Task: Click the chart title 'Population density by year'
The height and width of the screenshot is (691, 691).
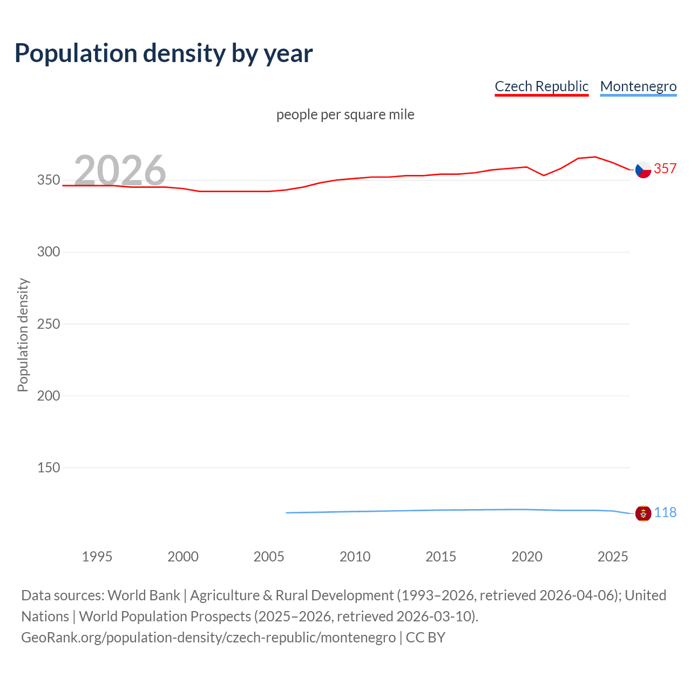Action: click(x=164, y=53)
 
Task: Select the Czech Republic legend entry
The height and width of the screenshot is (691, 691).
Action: click(x=541, y=86)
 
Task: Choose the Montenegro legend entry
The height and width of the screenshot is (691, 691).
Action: click(x=638, y=86)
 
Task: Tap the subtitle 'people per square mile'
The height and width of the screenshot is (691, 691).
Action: click(x=345, y=114)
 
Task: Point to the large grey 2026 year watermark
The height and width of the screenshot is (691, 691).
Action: click(x=120, y=170)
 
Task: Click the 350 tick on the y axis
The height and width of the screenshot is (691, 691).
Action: click(x=49, y=180)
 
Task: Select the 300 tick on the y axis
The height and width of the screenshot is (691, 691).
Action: click(x=49, y=252)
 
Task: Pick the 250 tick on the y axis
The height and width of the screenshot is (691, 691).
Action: click(x=49, y=324)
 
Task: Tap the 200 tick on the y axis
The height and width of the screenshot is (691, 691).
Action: click(x=49, y=396)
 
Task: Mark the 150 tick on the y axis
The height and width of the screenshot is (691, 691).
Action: click(x=49, y=468)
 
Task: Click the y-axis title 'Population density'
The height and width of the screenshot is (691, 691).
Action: click(x=23, y=335)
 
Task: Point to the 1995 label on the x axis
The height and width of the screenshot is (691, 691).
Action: click(x=97, y=557)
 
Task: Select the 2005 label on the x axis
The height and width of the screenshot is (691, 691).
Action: click(x=269, y=557)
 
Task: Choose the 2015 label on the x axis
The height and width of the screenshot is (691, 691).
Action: click(x=441, y=557)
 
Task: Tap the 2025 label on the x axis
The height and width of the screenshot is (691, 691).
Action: click(x=613, y=557)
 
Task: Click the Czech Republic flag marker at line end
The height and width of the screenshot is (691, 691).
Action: click(x=643, y=170)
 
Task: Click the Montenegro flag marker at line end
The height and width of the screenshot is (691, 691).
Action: click(x=643, y=513)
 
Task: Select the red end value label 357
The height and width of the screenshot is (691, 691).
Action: click(x=665, y=169)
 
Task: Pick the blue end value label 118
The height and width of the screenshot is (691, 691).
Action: click(x=665, y=512)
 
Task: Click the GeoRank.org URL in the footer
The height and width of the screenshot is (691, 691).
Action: click(x=208, y=638)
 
